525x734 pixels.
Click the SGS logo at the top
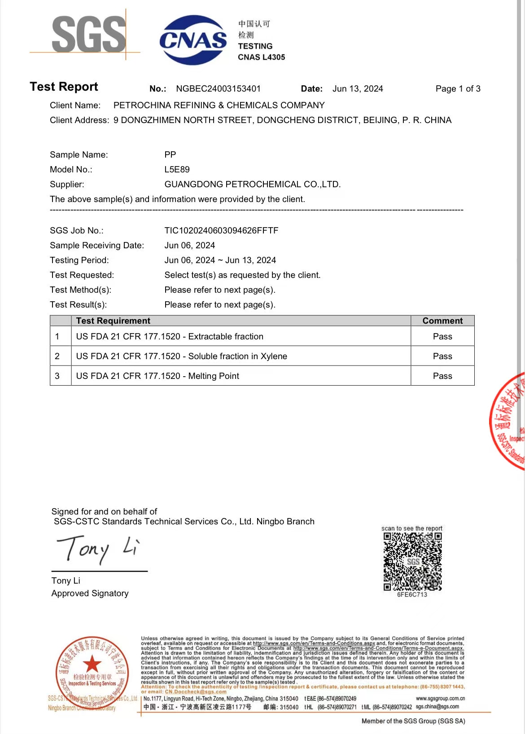click(x=88, y=34)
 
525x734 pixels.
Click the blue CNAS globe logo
click(x=193, y=40)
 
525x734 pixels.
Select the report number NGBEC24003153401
click(x=218, y=89)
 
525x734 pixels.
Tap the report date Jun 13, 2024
click(x=358, y=89)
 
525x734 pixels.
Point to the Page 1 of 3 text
click(x=458, y=89)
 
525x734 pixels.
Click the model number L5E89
click(x=177, y=170)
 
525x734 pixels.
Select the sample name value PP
click(x=170, y=155)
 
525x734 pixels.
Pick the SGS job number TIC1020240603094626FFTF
click(x=221, y=231)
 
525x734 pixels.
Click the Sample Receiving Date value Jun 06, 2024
click(x=189, y=246)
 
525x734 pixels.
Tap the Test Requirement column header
click(x=113, y=321)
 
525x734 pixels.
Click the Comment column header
click(x=442, y=321)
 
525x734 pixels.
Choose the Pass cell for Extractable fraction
click(x=442, y=337)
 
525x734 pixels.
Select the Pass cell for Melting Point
click(x=442, y=376)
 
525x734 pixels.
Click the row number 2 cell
click(x=57, y=356)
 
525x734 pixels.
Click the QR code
click(x=412, y=562)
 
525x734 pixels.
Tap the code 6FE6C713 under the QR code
click(x=412, y=595)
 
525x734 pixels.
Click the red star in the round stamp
click(x=92, y=663)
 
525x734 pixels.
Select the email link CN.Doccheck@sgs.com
click(x=196, y=692)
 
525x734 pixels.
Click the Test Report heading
click(x=64, y=87)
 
